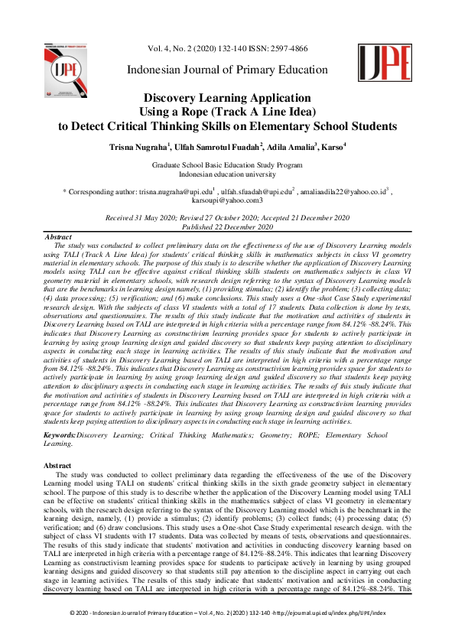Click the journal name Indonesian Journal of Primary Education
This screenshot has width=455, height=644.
point(227,70)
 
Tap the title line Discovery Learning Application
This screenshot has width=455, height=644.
point(226,99)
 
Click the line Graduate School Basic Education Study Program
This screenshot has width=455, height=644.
point(227,164)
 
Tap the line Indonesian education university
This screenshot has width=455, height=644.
point(227,174)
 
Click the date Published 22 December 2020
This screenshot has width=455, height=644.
point(227,227)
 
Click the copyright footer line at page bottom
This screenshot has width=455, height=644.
point(227,634)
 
